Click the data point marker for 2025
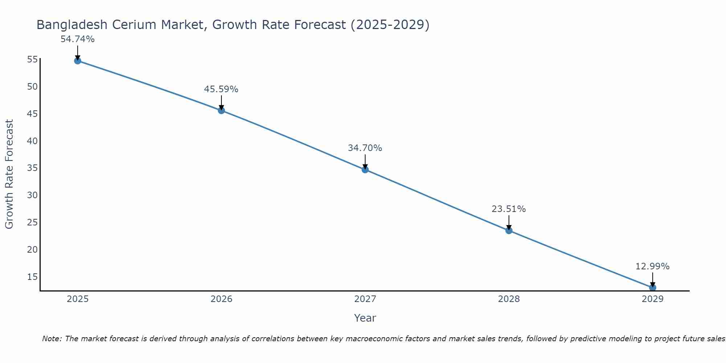[x=77, y=61]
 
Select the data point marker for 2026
[x=221, y=110]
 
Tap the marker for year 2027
[x=365, y=170]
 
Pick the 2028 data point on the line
[x=509, y=231]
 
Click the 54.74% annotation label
[x=77, y=39]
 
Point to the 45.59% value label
[x=221, y=89]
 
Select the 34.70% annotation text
[x=365, y=148]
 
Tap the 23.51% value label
[x=509, y=209]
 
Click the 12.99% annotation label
[x=652, y=266]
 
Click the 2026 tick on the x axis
[x=221, y=299]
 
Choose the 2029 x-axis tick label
[x=652, y=299]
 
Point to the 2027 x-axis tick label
[x=365, y=299]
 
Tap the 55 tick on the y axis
[x=32, y=60]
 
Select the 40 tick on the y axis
[x=32, y=141]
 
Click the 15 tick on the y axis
[x=32, y=277]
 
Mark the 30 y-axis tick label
[x=32, y=195]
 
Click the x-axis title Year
[x=365, y=318]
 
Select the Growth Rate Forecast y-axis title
[x=9, y=174]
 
